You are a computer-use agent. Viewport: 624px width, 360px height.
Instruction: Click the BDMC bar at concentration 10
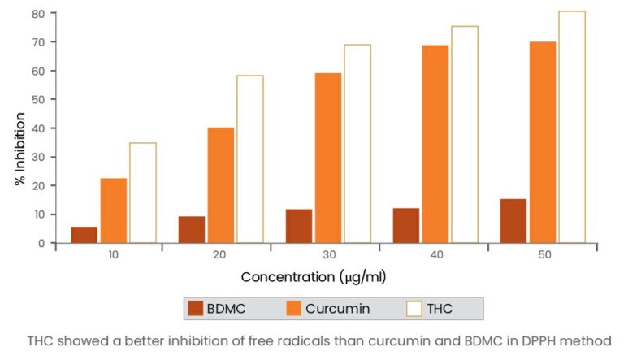point(84,235)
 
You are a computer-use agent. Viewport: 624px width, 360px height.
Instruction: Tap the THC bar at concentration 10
point(142,193)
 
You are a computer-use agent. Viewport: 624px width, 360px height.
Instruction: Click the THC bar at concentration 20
point(249,159)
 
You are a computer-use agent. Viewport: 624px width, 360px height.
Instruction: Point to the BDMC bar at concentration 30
point(298,226)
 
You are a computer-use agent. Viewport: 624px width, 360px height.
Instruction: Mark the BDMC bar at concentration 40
point(405,225)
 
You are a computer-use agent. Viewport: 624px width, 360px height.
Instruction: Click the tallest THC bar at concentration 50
point(571,127)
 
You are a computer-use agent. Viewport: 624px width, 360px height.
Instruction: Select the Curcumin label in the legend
point(338,309)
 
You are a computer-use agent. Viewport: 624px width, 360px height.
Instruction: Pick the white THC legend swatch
point(414,309)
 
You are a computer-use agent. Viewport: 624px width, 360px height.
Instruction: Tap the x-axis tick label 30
point(327,255)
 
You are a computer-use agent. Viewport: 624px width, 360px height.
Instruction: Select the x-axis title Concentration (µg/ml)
point(313,277)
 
